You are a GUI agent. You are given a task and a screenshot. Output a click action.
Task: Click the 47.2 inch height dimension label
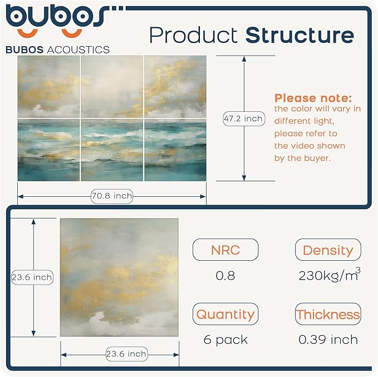(243, 118)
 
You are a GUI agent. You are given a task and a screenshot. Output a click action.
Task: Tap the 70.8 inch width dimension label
(112, 195)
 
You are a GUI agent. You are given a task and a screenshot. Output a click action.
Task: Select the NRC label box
(225, 250)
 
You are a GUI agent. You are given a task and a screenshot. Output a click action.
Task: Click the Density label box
(328, 250)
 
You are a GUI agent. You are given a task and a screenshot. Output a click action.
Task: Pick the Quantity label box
(225, 314)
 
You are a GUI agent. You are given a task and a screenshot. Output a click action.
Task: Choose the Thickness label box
(328, 314)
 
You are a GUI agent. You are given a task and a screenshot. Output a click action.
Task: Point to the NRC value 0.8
(225, 275)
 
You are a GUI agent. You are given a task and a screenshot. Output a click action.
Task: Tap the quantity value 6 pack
(225, 339)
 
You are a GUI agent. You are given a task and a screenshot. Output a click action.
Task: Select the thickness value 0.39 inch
(328, 339)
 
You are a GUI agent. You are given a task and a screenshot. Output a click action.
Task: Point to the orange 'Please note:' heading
(313, 98)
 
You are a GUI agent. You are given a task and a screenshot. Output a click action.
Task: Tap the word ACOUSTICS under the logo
(78, 49)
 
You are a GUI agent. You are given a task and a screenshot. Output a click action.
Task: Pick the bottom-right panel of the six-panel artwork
(175, 150)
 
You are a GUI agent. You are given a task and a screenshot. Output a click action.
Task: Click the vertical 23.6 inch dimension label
(32, 277)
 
